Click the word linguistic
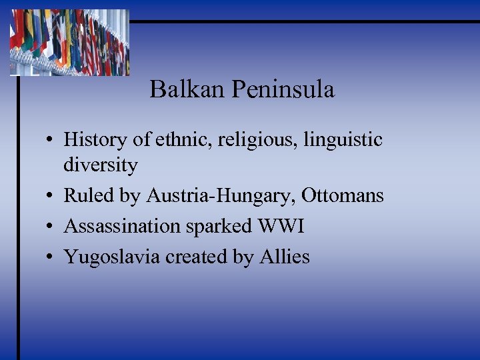pos(345,140)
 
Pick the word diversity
pos(101,165)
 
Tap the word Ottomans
pos(343,195)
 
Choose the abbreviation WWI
pos(280,226)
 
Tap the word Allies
pos(285,257)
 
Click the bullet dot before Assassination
pos(51,227)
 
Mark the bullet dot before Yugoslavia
pos(51,257)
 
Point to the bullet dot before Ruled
pos(51,196)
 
